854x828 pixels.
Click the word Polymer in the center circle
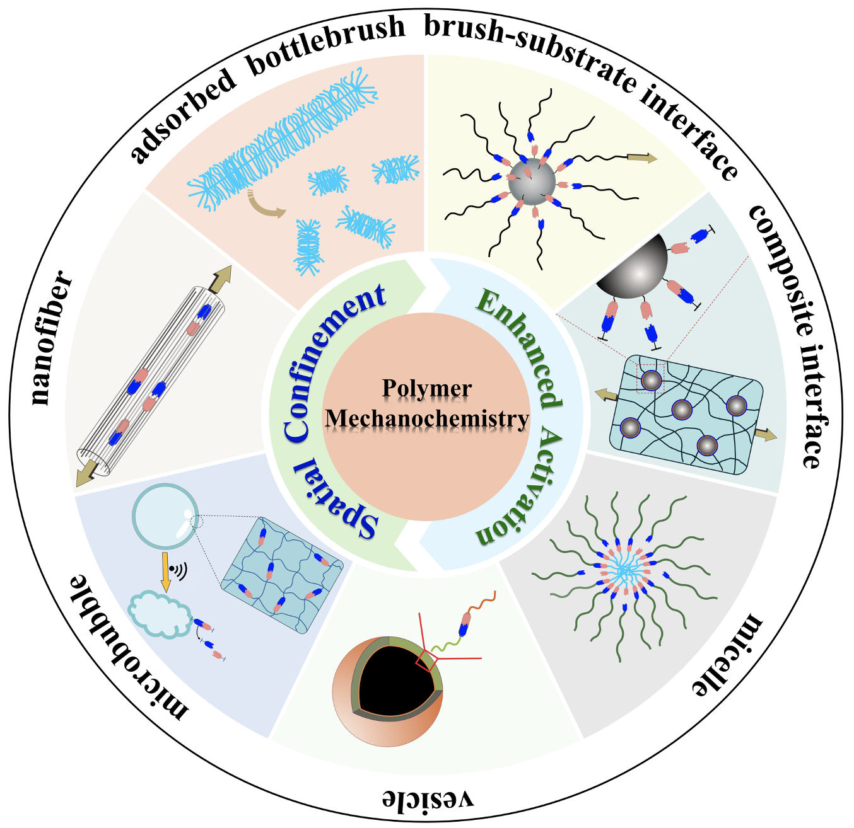point(427,388)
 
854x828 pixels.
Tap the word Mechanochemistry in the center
point(427,418)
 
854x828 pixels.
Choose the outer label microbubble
point(126,649)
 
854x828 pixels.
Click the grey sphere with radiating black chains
point(532,181)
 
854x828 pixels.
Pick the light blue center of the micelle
point(624,570)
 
